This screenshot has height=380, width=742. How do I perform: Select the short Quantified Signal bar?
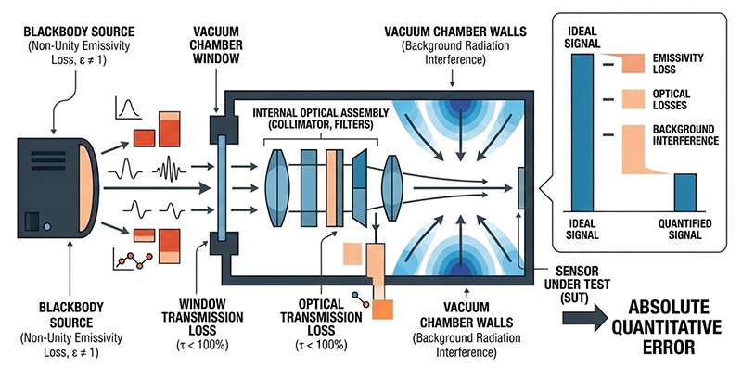coord(684,192)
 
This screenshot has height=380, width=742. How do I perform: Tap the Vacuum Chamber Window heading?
coord(224,43)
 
